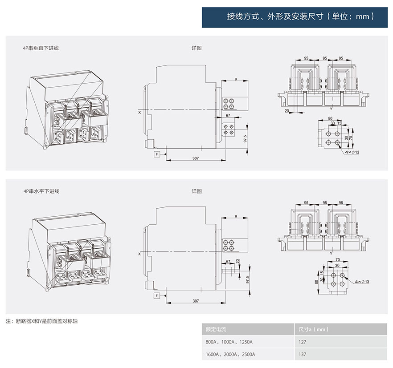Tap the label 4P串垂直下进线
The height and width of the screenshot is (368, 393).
(x=41, y=48)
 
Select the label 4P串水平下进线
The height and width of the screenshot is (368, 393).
(x=41, y=191)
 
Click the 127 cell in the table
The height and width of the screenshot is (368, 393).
(x=302, y=342)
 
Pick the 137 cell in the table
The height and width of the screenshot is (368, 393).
(x=302, y=354)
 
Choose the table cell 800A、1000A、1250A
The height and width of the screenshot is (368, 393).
(x=229, y=342)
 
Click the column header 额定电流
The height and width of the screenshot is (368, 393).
(x=216, y=329)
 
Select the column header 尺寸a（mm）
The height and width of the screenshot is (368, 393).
(x=314, y=329)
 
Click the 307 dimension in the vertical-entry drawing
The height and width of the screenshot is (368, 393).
(x=195, y=158)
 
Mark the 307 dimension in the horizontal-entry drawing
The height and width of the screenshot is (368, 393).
(x=195, y=301)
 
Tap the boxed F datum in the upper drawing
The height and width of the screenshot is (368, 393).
(x=157, y=154)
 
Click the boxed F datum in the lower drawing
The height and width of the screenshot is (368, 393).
(x=157, y=296)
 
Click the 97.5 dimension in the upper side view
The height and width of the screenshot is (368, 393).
(x=245, y=138)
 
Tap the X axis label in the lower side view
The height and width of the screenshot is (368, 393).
(x=139, y=254)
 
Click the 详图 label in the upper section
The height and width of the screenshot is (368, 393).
(x=197, y=48)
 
